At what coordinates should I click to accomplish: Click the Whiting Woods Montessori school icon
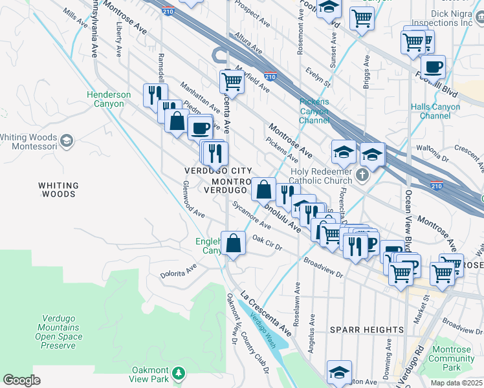(x=67, y=140)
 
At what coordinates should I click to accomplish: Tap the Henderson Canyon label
(x=109, y=99)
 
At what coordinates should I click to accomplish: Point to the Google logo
(x=21, y=380)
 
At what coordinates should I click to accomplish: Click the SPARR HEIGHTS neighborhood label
(x=367, y=330)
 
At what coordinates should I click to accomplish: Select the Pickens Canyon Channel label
(x=314, y=111)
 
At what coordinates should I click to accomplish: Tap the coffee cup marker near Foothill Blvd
(x=432, y=66)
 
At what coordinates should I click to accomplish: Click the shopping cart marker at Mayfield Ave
(x=231, y=81)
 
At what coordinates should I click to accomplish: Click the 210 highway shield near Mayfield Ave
(x=270, y=76)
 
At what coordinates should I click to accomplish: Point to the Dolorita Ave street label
(x=178, y=269)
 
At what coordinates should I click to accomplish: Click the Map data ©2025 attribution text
(x=456, y=383)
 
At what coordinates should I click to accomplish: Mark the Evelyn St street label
(x=318, y=76)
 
